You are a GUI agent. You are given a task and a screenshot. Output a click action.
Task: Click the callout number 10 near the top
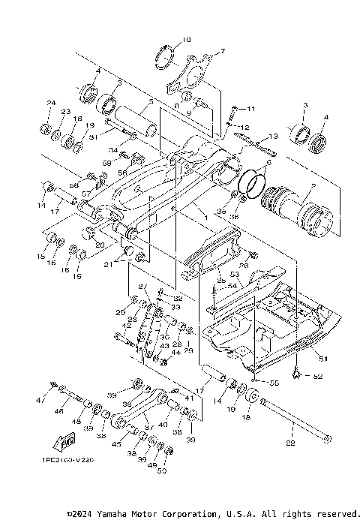tap(187, 40)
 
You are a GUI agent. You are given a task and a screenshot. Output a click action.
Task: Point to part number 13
tap(271, 137)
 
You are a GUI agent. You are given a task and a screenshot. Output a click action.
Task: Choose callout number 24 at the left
tap(52, 103)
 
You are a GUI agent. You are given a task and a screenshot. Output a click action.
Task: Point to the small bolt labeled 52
tap(298, 373)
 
